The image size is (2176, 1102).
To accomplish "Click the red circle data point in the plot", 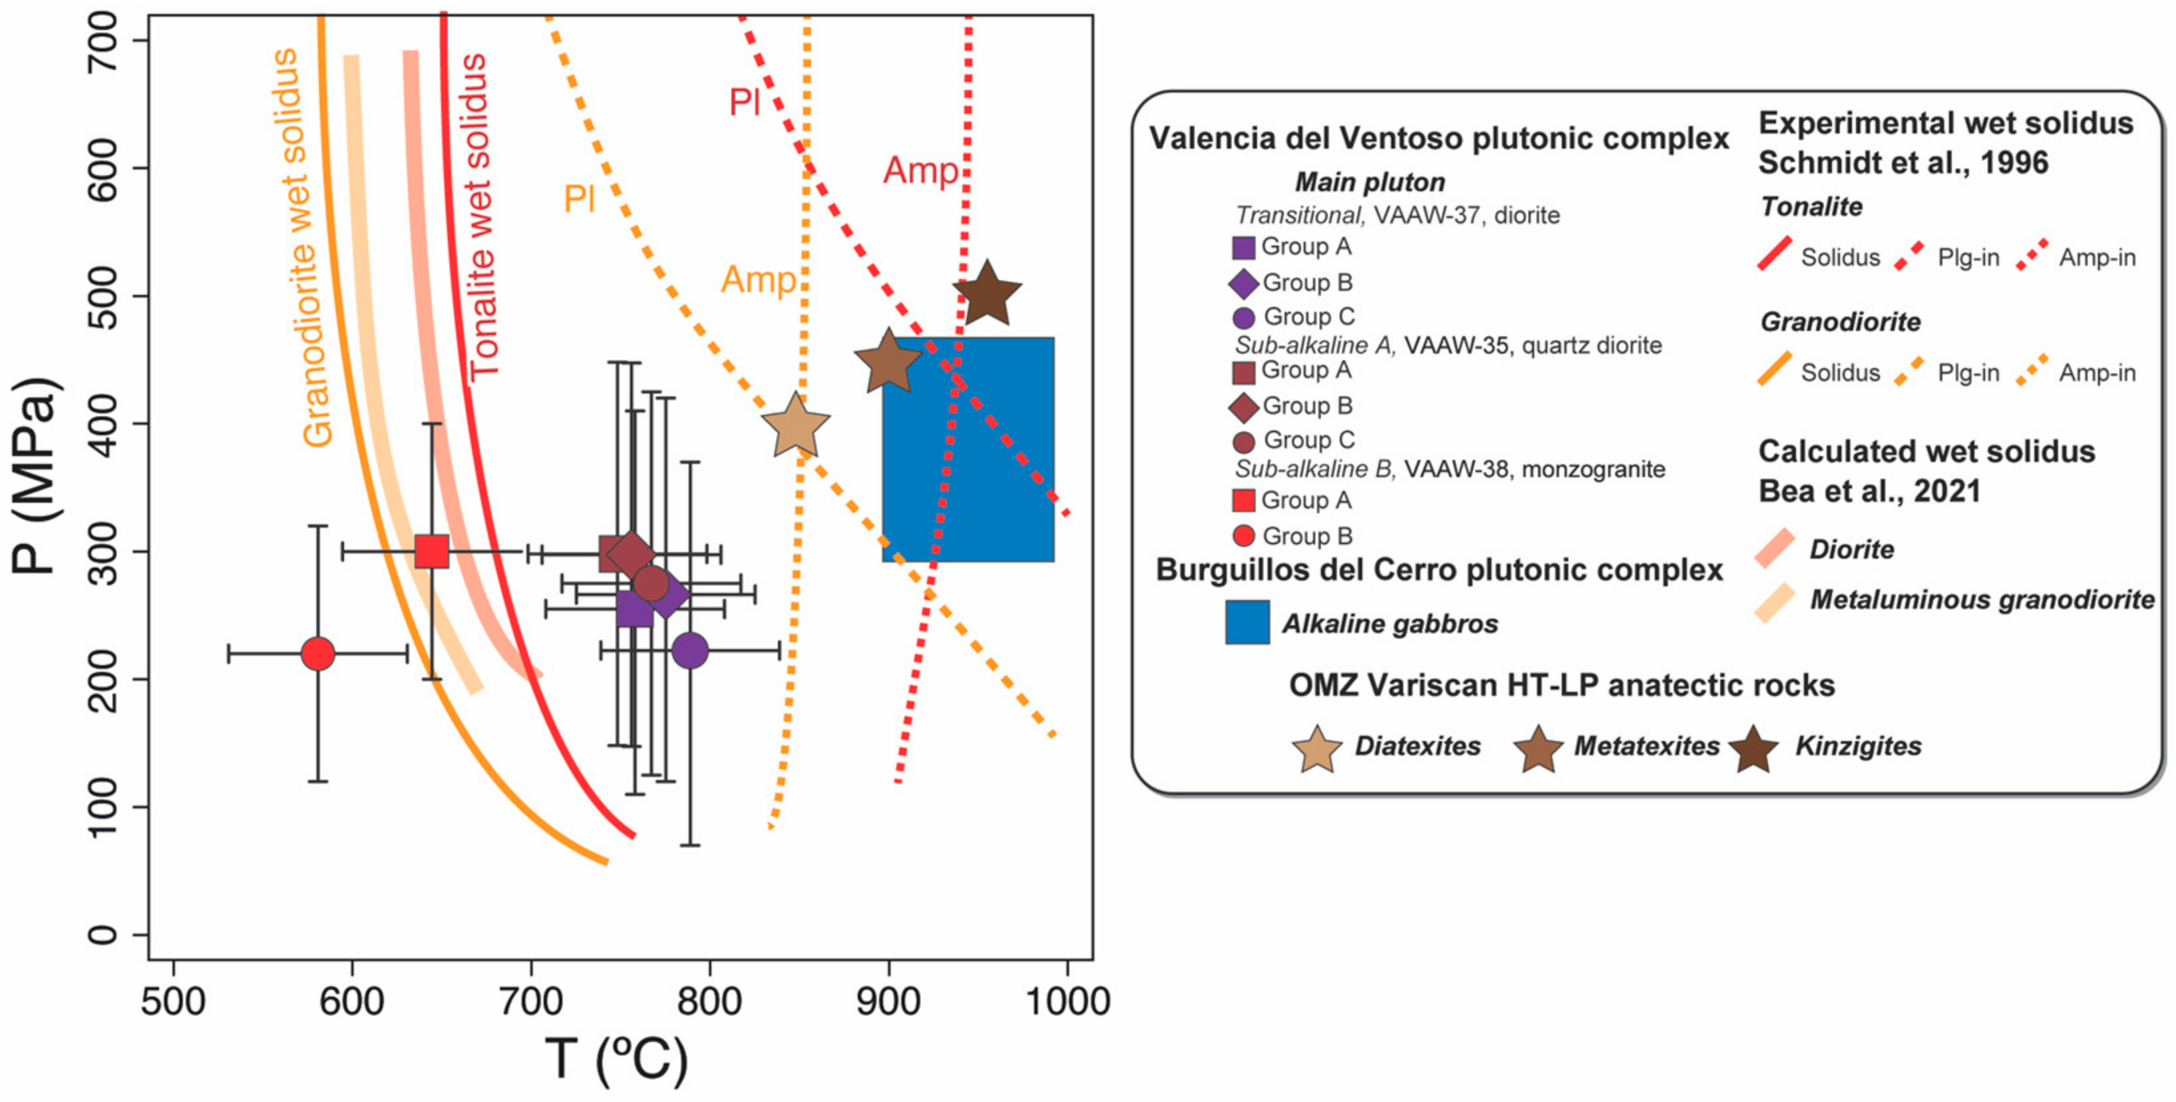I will pos(317,653).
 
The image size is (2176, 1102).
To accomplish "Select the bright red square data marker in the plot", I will pos(432,551).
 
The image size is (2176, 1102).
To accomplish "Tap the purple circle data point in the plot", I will pos(690,651).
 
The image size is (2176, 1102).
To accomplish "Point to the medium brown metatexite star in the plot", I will pos(888,362).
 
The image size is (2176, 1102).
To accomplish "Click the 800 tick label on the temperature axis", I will pos(709,1001).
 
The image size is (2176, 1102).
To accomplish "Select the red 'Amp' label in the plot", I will pos(920,170).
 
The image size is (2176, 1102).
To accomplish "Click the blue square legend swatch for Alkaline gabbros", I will pos(1247,622).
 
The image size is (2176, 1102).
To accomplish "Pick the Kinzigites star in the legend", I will pos(1753,748).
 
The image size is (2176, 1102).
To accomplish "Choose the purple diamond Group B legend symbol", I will pos(1244,283).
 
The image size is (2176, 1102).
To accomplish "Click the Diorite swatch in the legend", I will pos(1775,549).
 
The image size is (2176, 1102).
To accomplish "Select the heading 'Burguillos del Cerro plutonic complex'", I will pos(1439,571).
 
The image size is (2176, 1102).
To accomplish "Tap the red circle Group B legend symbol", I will pos(1244,536).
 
